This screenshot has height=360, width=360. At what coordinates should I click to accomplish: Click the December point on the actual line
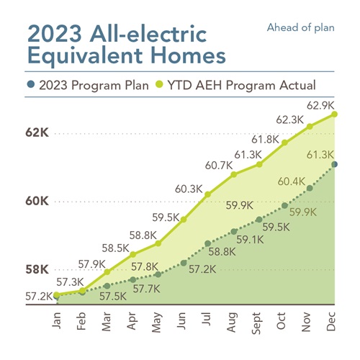(335, 114)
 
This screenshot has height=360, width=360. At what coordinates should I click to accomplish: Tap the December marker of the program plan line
(335, 165)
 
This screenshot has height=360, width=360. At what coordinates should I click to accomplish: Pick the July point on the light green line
(208, 194)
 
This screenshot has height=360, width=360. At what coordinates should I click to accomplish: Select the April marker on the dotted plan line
(132, 279)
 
